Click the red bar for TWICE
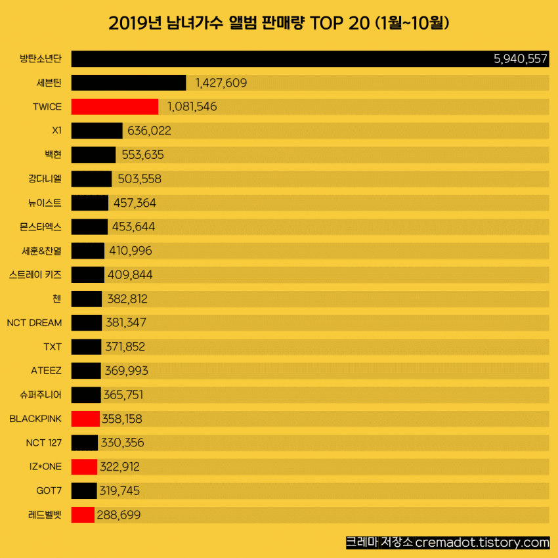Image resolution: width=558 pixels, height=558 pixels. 114,106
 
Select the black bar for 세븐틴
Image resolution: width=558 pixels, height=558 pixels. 129,83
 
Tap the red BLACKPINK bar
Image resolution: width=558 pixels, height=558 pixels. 85,419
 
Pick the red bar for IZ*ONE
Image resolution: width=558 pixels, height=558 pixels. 84,467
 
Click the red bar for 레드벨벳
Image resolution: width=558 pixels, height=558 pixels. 83,515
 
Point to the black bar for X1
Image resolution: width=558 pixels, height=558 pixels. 97,131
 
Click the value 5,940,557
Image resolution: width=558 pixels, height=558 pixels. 520,58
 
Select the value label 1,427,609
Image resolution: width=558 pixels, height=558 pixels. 221,83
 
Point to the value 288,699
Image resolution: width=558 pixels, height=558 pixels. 119,515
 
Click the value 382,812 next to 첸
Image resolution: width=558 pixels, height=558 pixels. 127,299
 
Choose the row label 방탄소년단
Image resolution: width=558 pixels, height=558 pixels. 41,59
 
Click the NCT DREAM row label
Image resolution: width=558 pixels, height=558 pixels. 34,322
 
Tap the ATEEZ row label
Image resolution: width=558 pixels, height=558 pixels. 46,370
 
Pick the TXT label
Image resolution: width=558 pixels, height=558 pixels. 53,347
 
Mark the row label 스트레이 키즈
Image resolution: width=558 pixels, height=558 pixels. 35,274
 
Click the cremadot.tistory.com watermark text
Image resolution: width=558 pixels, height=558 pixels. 482,543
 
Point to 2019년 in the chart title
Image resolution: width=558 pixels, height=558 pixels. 129,24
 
